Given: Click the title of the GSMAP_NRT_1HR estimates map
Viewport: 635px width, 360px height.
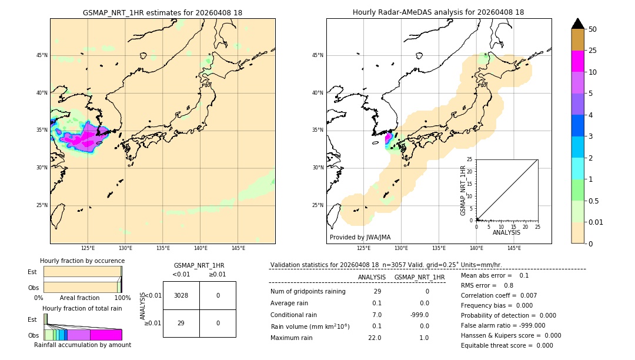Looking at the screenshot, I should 162,12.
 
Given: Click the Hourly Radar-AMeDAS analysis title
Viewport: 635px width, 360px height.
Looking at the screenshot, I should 438,12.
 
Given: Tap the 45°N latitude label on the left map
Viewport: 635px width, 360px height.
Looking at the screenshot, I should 42,55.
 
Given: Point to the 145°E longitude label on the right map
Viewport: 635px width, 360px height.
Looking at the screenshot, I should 514,248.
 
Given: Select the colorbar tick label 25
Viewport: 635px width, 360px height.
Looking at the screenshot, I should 593,51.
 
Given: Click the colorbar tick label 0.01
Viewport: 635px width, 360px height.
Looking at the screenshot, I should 596,222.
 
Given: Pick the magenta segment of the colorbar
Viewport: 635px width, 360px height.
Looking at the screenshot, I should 577,61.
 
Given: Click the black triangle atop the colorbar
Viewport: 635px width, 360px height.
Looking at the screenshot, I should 577,24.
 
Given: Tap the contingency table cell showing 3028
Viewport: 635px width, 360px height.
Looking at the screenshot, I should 181,295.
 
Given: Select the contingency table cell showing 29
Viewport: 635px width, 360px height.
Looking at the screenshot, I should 181,323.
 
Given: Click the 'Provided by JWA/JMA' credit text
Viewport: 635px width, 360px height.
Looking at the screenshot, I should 360,237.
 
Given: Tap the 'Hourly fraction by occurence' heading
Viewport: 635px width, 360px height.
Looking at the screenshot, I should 82,261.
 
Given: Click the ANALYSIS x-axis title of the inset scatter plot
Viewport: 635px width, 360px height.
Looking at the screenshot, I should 506,232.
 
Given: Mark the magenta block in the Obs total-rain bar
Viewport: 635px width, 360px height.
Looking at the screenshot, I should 106,335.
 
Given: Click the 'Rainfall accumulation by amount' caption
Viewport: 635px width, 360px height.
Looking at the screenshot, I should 82,345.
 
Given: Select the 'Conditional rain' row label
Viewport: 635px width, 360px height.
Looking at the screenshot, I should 294,315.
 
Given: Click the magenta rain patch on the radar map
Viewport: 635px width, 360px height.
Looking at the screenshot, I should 389,139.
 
